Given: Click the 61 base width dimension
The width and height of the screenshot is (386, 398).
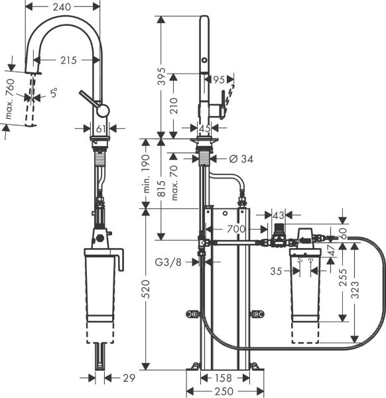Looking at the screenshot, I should (101, 128).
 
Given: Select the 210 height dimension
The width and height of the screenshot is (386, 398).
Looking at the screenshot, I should (173, 104).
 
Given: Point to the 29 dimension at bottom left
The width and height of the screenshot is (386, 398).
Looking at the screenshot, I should (129, 378).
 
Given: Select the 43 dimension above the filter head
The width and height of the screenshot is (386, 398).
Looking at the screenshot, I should (278, 214).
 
